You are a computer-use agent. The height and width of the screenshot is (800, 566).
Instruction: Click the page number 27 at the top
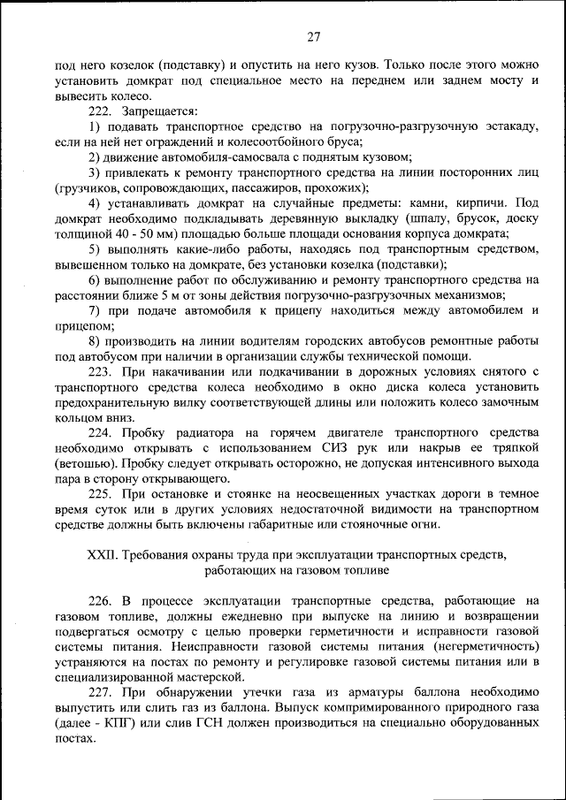point(313,37)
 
